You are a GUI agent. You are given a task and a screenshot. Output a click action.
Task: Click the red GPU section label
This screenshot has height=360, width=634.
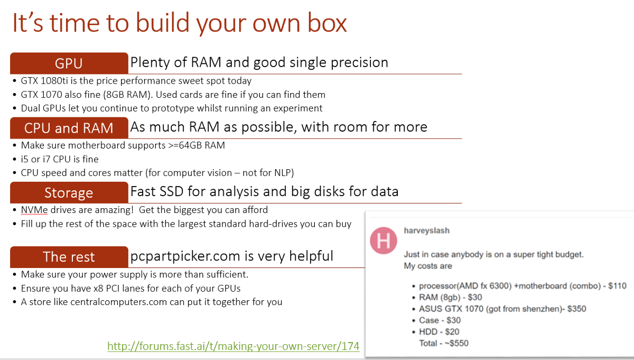coord(69,63)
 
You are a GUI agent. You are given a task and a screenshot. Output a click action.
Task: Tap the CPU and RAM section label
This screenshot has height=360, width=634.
coord(69,128)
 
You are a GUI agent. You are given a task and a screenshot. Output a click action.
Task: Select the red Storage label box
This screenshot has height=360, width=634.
coord(69,192)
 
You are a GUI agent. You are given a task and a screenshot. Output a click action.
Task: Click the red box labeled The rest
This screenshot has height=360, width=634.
coord(69,257)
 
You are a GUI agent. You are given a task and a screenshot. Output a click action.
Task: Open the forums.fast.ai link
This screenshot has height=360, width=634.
coord(234,346)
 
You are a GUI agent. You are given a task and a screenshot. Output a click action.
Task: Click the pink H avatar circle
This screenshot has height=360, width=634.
coord(384,241)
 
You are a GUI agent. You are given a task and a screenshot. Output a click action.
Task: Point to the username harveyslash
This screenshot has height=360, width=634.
coord(426,230)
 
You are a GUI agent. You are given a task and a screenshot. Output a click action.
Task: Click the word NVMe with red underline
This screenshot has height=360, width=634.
coord(34,210)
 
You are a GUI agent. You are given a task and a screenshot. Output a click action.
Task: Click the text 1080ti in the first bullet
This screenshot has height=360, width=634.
coord(54,81)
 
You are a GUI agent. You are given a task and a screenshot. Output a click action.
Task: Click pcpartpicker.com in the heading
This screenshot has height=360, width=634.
coord(185,256)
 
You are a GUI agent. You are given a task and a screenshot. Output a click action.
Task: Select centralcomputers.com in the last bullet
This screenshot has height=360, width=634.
coord(118,302)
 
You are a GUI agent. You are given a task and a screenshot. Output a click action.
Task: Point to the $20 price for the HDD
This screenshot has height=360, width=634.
coord(452,331)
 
